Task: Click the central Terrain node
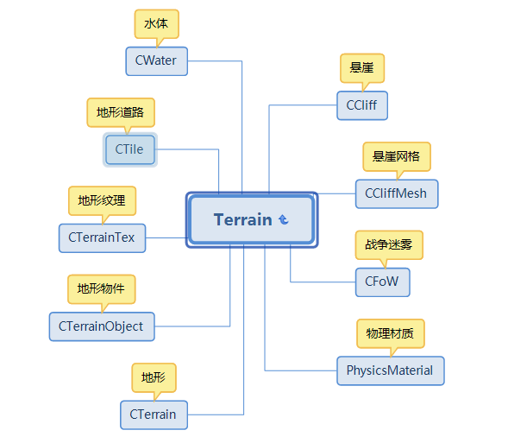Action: tap(252, 219)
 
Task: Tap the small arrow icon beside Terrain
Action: tap(284, 219)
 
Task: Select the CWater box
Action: tap(156, 61)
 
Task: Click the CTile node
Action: tap(130, 149)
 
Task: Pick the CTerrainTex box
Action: tap(102, 237)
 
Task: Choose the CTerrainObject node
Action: tap(102, 326)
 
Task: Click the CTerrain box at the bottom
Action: tap(154, 415)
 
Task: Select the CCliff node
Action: tap(362, 105)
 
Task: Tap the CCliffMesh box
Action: tap(397, 193)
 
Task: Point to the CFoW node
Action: tap(382, 282)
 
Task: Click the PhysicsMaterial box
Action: tap(391, 370)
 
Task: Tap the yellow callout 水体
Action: tap(156, 24)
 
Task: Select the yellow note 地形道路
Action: tap(121, 112)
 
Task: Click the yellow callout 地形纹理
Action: tap(102, 200)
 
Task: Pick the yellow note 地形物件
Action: tap(102, 289)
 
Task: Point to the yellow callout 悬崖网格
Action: tap(397, 156)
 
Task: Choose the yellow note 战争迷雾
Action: tap(389, 245)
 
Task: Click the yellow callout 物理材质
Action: tap(391, 333)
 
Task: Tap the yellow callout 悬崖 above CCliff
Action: tap(362, 68)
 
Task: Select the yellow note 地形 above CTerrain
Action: tap(154, 377)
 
